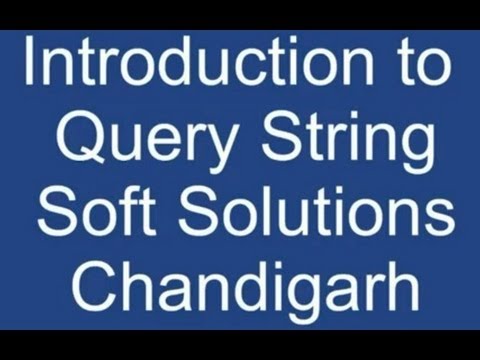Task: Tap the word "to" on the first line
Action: click(x=419, y=65)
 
